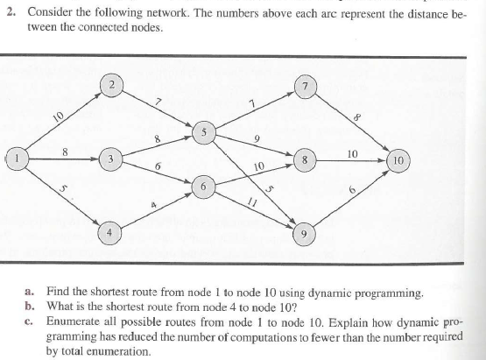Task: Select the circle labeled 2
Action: [x=114, y=85]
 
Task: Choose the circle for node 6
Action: [x=203, y=187]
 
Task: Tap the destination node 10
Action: [x=397, y=161]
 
